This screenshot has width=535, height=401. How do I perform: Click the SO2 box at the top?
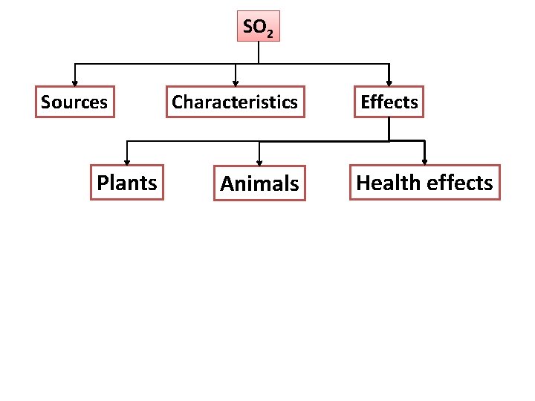(258, 26)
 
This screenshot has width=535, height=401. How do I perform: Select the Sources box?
(74, 102)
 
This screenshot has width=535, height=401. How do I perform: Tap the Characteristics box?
(235, 102)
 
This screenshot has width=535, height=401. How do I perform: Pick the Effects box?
(389, 102)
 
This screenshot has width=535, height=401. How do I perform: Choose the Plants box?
(127, 183)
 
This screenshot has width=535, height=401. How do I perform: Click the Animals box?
(259, 183)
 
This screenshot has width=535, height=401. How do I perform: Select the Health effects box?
(424, 183)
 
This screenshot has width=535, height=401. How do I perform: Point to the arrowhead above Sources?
(74, 83)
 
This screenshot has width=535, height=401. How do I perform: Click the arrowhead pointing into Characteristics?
(236, 83)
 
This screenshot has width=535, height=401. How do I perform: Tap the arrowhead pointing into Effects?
(389, 83)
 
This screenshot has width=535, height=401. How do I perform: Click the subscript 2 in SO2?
(269, 33)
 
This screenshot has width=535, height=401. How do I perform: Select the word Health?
(384, 183)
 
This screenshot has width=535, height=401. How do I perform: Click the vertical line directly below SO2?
(258, 52)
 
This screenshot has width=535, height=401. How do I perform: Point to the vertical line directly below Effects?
(389, 128)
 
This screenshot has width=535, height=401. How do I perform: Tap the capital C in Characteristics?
(178, 102)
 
